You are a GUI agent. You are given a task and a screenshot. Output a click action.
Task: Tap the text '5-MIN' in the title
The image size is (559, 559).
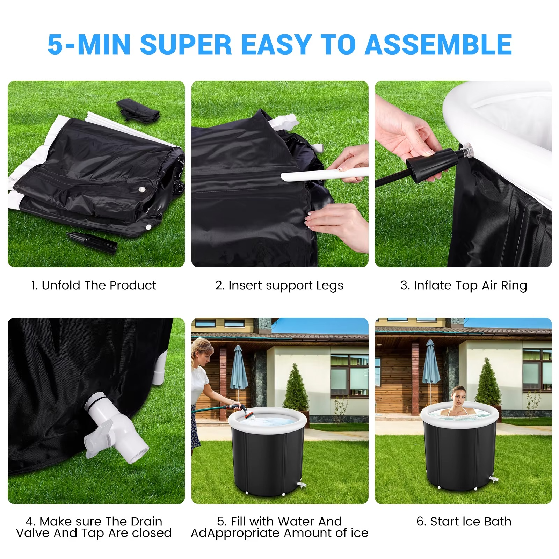(89, 45)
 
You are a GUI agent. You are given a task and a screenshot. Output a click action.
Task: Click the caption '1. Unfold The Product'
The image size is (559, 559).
(94, 285)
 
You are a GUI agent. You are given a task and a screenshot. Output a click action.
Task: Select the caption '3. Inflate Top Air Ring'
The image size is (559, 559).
(464, 285)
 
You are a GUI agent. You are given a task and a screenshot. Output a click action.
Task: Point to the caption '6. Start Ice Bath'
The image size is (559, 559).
(464, 521)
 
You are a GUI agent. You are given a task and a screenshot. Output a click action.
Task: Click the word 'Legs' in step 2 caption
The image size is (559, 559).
(330, 286)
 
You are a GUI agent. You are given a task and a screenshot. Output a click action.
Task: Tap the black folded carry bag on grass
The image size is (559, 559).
(138, 109)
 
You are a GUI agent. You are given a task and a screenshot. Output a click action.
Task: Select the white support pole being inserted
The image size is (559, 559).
(325, 174)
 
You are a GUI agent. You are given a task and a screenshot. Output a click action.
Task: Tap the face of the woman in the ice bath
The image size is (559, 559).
(458, 397)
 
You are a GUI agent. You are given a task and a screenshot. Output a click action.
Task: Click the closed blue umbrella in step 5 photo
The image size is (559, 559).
(239, 369)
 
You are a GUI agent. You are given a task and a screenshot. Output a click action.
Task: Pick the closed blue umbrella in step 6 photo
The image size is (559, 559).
(431, 365)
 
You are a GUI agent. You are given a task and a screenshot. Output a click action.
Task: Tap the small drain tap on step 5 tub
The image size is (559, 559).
(301, 485)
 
